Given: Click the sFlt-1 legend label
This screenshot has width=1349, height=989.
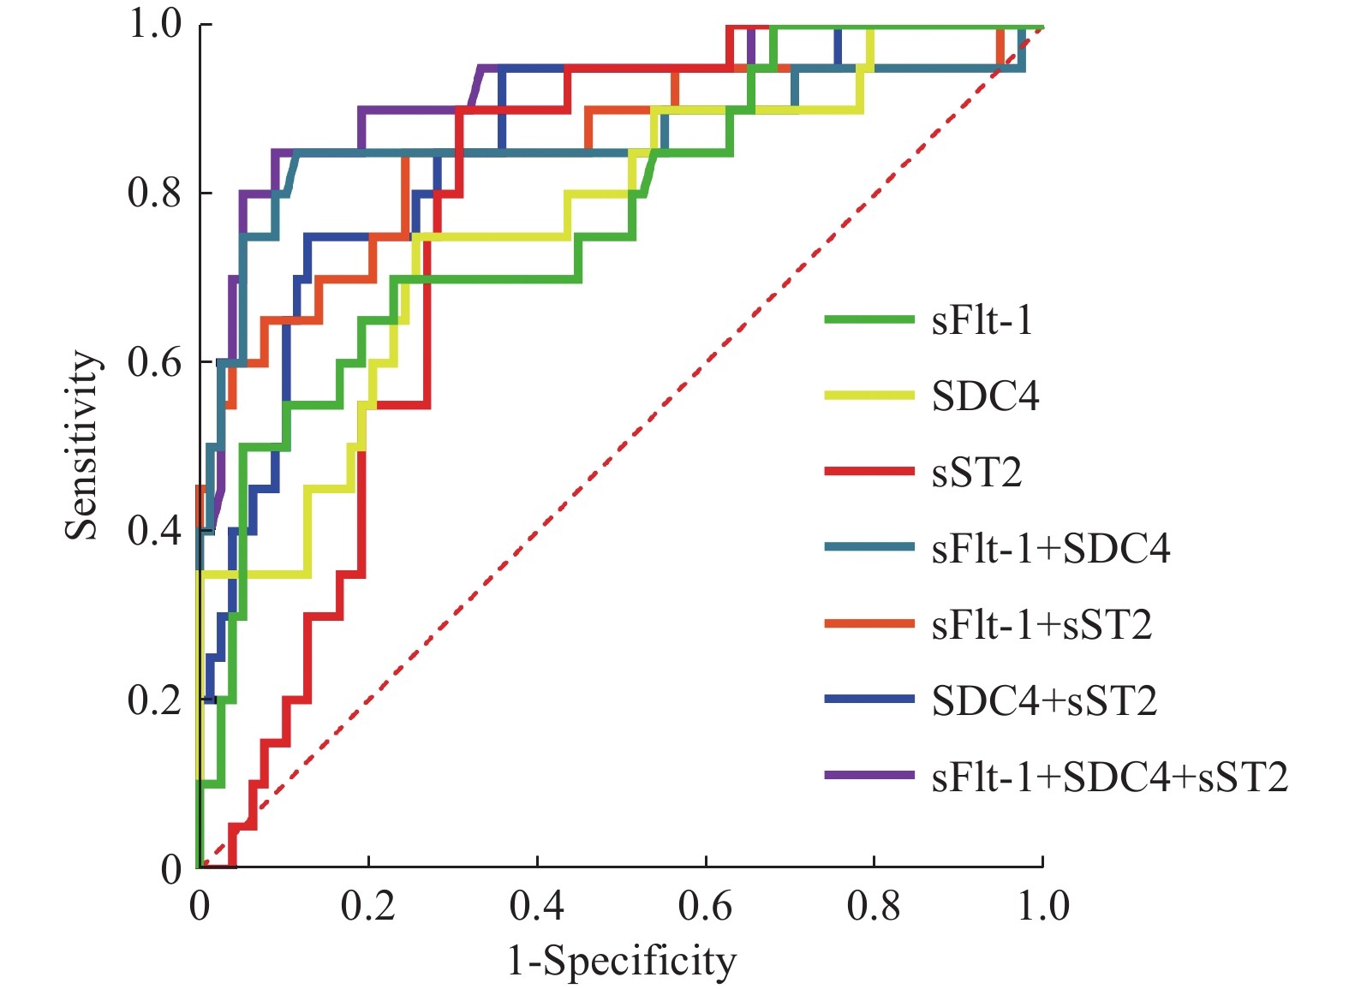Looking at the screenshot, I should point(982,321).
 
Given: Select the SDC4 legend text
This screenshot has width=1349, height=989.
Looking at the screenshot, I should point(985,396).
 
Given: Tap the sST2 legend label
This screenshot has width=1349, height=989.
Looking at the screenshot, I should point(976,473).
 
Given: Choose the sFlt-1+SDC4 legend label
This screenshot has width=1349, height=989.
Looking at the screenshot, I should point(1051,549).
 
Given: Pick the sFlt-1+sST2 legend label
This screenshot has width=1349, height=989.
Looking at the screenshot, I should point(1042,625).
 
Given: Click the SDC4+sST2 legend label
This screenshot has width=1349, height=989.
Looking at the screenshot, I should point(1044,701).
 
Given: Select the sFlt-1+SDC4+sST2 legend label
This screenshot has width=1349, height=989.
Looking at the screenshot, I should point(1110,777).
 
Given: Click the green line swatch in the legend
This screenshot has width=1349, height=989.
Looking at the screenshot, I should point(869,320).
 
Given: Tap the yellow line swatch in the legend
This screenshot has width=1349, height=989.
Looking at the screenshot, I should point(869,396).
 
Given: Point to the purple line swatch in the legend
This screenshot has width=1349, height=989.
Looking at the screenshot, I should point(869,776).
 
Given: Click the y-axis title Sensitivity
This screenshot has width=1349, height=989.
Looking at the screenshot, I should point(82,445).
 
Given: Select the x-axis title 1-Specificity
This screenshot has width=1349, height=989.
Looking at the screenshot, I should point(622,962).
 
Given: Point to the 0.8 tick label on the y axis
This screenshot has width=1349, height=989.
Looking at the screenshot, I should point(155,194).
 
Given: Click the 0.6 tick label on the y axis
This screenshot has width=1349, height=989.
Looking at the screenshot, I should point(155,362).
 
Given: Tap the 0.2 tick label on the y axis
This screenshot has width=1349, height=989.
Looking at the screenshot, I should point(155,700).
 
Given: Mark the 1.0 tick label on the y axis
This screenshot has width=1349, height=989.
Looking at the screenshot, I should point(155,24).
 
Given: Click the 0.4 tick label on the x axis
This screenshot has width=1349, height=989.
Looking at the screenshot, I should point(537,906).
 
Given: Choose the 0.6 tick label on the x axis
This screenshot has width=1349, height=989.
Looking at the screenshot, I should point(705,906).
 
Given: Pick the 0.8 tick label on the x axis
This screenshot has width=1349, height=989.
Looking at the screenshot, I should point(874,906).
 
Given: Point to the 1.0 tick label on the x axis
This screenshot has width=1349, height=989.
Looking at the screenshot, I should point(1042,906).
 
